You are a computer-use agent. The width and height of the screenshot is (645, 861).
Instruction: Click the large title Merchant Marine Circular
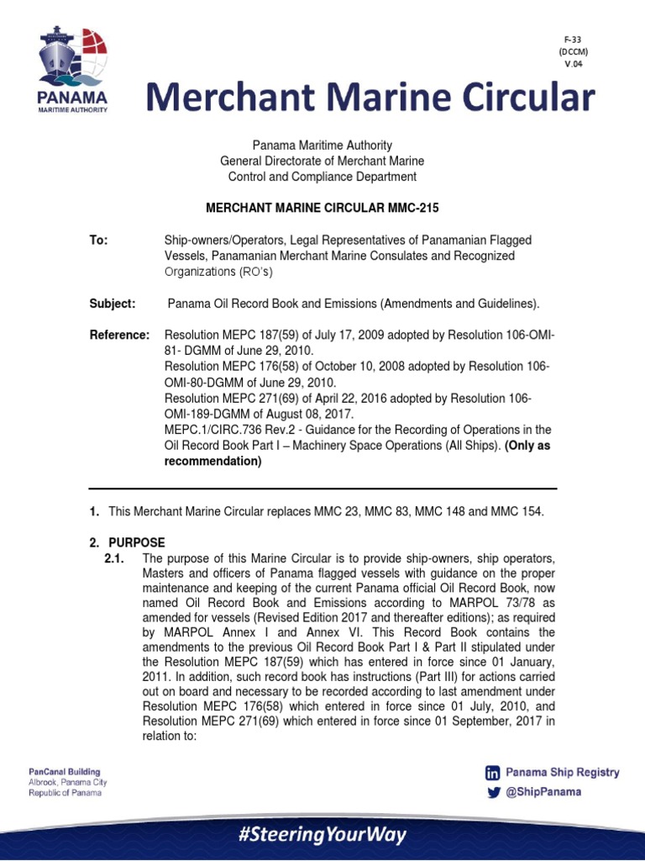[x=371, y=98]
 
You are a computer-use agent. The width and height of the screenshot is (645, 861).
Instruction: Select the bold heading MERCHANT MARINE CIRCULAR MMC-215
[x=322, y=207]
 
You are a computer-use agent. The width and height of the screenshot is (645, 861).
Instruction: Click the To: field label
[x=99, y=240]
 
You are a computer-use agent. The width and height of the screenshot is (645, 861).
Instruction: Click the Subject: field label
[x=113, y=304]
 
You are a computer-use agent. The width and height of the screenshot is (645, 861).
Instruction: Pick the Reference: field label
[x=119, y=335]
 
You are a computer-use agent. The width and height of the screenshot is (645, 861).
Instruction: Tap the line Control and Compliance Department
[x=322, y=177]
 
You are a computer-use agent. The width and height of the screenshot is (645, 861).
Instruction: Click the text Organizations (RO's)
[x=218, y=272]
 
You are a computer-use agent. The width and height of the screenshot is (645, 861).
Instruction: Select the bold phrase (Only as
[x=527, y=446]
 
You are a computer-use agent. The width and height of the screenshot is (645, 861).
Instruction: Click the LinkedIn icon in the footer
[x=492, y=773]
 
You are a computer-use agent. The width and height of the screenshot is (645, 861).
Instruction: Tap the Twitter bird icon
[x=492, y=792]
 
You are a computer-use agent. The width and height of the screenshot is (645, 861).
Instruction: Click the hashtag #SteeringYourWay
[x=322, y=835]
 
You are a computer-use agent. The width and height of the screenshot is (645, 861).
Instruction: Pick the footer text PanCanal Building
[x=64, y=771]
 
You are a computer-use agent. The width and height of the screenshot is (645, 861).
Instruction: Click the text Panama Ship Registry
[x=562, y=773]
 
